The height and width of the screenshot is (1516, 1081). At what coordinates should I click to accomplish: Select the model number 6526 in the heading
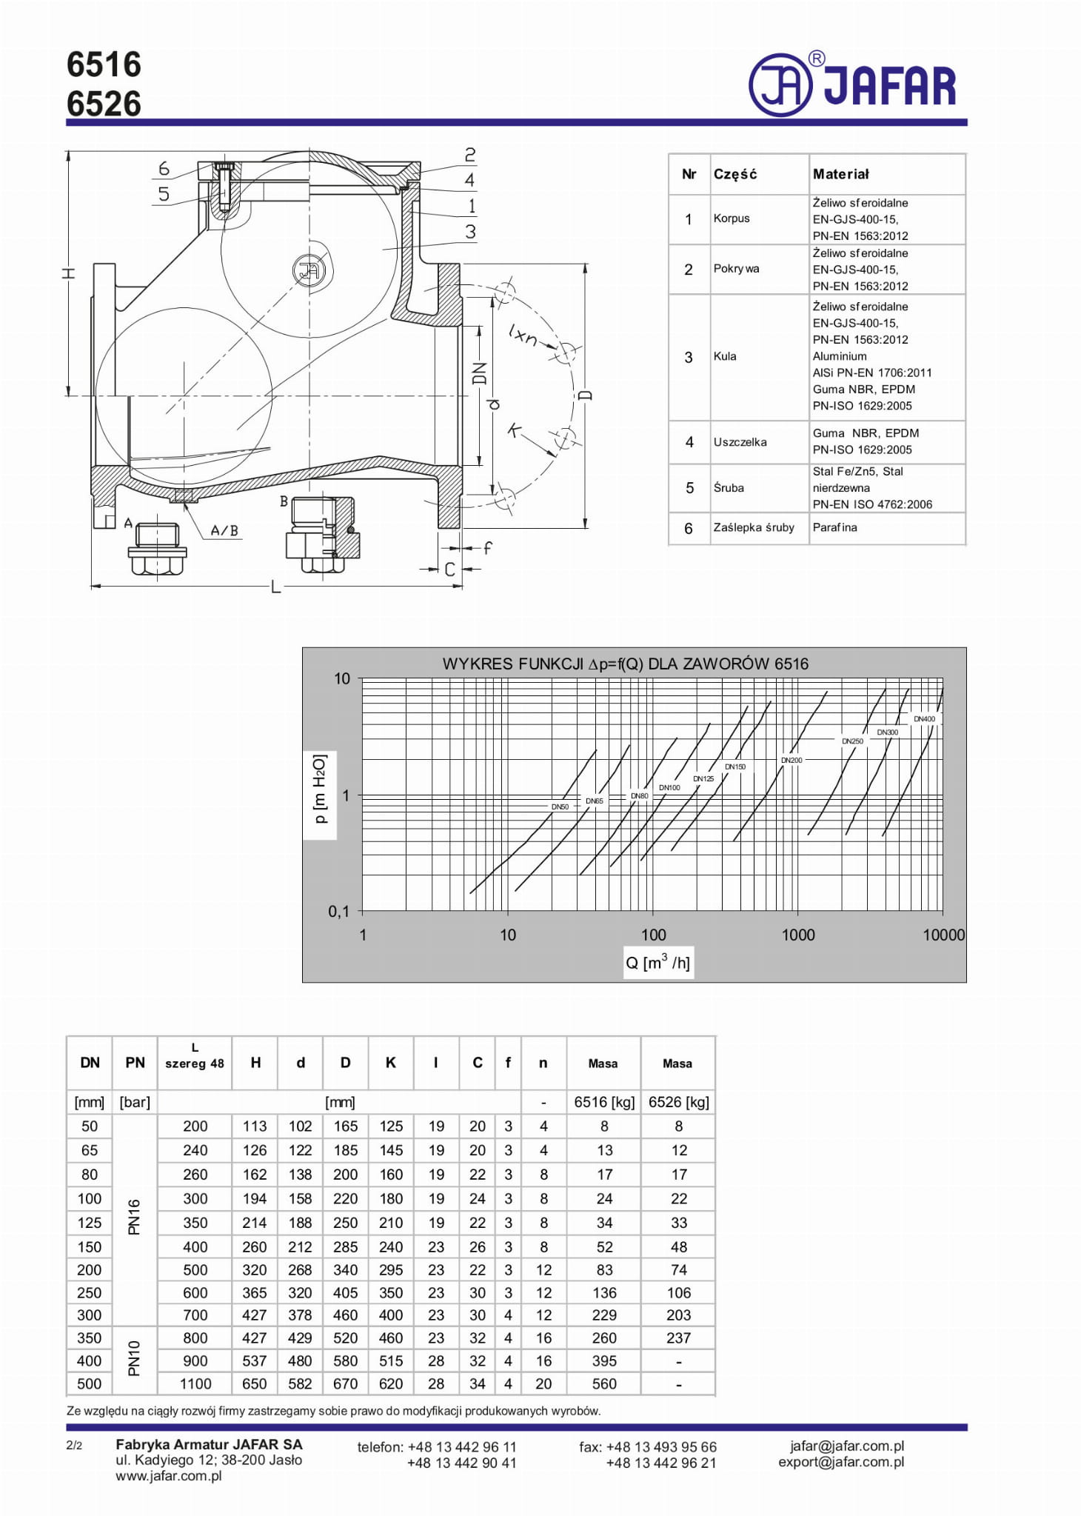click(x=104, y=104)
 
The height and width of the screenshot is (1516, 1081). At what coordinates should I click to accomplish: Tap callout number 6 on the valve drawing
click(x=164, y=169)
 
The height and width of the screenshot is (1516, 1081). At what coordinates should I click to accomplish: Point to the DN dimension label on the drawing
click(x=481, y=373)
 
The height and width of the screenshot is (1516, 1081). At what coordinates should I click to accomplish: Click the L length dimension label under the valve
click(x=275, y=587)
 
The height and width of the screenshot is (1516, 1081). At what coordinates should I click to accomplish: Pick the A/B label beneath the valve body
click(x=224, y=530)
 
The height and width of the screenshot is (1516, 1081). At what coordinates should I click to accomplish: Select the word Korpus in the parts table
click(x=732, y=218)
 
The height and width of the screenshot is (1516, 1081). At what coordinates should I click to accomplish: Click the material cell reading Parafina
click(x=834, y=527)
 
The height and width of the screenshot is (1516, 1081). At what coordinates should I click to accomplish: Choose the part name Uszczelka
click(x=740, y=442)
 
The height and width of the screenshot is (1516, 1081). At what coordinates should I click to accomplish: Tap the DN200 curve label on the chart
click(x=791, y=760)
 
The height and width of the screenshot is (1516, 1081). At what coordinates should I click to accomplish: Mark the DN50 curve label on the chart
click(x=560, y=807)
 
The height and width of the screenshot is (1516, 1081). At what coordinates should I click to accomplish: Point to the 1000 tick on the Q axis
click(x=798, y=935)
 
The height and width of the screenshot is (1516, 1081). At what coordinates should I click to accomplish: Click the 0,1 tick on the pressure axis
click(x=339, y=912)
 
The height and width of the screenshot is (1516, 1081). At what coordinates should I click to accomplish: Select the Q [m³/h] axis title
click(x=657, y=963)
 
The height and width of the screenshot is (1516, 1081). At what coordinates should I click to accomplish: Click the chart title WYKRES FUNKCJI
click(x=625, y=664)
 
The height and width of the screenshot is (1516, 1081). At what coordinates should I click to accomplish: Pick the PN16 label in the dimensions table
click(x=134, y=1218)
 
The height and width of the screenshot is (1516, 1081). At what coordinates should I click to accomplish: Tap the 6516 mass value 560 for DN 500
click(x=604, y=1383)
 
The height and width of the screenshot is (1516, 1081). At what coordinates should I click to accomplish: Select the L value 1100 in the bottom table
click(x=195, y=1383)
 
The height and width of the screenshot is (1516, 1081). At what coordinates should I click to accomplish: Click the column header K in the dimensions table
click(x=391, y=1063)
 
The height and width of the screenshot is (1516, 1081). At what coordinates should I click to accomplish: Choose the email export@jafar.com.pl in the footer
click(x=841, y=1462)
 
